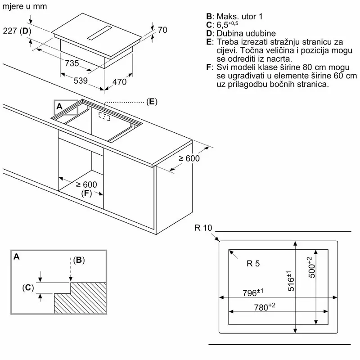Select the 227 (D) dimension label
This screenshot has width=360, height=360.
16,31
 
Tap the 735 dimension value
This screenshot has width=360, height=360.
72,63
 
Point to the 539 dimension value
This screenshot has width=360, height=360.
81,81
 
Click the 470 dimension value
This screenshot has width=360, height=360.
119,82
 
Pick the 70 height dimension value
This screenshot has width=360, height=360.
162,30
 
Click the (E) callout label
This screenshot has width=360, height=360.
152,102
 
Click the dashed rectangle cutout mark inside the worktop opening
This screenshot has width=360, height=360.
104,117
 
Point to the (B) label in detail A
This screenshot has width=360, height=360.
79,260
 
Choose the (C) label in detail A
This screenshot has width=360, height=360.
28,288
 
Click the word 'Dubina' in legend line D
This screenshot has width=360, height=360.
231,34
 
